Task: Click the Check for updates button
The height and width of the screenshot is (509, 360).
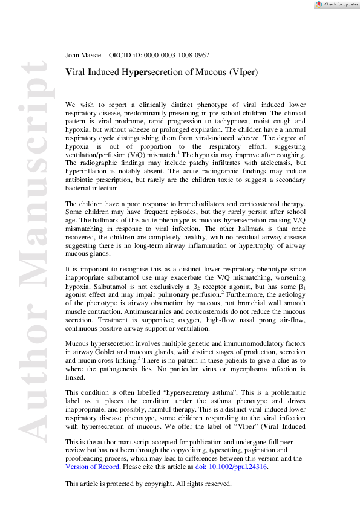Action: [336, 4]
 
